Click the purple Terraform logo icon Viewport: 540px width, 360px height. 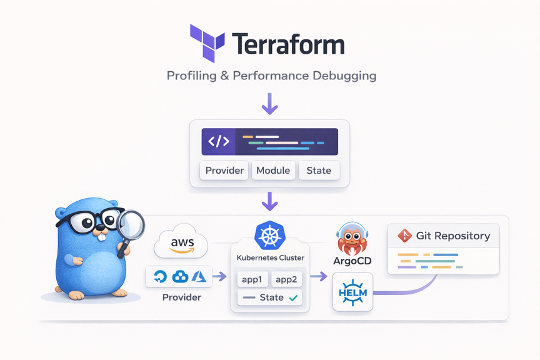click(x=207, y=44)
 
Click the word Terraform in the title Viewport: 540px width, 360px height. click(x=288, y=45)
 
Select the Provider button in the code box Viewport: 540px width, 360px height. click(x=224, y=171)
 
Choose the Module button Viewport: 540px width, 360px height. click(x=273, y=171)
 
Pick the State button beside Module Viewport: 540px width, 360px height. click(x=319, y=171)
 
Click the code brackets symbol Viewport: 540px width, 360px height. click(x=219, y=142)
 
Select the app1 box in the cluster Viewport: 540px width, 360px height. click(x=252, y=279)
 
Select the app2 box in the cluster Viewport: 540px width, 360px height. click(x=287, y=279)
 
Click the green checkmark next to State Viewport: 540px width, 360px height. click(x=293, y=297)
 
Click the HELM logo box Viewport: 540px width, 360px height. click(x=352, y=292)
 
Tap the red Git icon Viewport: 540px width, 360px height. click(x=405, y=236)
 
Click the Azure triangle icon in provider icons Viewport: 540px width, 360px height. click(x=199, y=276)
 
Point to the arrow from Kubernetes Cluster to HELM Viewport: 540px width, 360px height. click(x=319, y=276)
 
